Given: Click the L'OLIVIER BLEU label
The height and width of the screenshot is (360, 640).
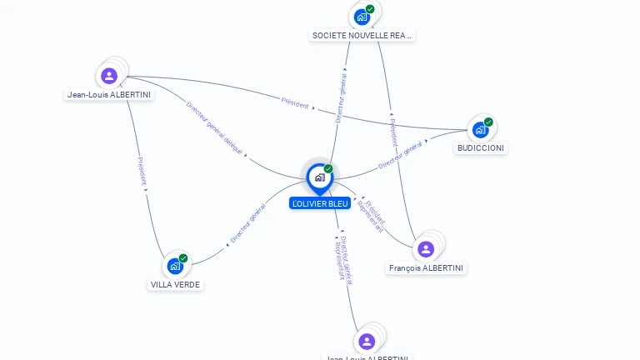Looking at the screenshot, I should (320, 203).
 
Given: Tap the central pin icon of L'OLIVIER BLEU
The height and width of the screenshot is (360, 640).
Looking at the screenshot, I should (319, 177).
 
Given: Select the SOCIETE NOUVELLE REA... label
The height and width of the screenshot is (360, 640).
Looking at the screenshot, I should (362, 36).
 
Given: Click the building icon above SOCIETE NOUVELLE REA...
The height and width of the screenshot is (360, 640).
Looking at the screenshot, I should (362, 17).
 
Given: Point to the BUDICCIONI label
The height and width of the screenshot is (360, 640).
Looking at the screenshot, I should (481, 148).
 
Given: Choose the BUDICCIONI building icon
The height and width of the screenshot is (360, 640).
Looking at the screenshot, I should (480, 130).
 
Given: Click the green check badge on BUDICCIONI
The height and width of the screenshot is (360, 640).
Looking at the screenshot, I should (488, 122).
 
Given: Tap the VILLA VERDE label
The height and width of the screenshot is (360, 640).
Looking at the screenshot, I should (176, 284).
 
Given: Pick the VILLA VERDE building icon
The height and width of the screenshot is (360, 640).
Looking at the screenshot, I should (175, 266).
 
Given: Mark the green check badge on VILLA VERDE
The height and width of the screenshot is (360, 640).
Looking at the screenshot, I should (183, 258).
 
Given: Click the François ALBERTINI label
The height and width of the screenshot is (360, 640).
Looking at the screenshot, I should (427, 268).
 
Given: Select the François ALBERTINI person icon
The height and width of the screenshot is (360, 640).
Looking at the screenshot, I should (426, 249).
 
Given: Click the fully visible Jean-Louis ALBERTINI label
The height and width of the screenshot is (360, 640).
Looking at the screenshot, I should (109, 95).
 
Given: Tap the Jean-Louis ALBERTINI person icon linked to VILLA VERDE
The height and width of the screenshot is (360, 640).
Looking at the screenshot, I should (109, 76).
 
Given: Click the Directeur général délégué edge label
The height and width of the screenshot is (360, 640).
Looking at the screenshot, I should (214, 128).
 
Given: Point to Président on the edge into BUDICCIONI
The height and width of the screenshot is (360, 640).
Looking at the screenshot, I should (295, 104).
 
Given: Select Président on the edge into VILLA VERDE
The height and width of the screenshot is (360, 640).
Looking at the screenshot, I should (142, 172).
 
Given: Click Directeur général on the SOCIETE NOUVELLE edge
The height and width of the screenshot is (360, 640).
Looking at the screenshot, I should (341, 96).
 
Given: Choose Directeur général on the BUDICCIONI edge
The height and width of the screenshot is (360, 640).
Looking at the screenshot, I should (401, 155).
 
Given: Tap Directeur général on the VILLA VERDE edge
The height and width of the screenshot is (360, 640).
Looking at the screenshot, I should (247, 225).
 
